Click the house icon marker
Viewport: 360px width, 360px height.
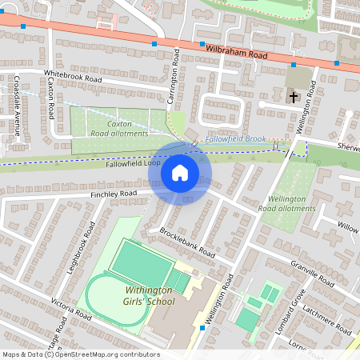click(x=180, y=173)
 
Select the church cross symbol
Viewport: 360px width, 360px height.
click(x=294, y=98)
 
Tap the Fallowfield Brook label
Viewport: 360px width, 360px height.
click(x=234, y=139)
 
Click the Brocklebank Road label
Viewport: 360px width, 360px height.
click(x=187, y=242)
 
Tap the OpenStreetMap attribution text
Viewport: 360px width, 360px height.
click(x=80, y=354)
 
